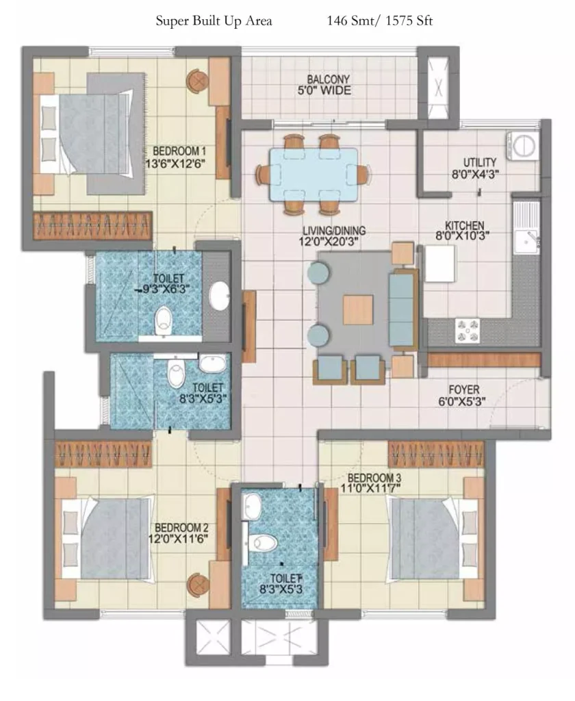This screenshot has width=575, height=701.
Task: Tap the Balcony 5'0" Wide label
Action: coord(325,85)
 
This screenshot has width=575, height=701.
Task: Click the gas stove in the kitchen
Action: coord(468,331)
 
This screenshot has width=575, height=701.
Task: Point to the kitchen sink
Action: coord(526,242)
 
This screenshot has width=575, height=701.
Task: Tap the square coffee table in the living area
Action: coord(358,310)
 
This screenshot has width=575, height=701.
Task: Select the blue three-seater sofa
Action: coord(402,309)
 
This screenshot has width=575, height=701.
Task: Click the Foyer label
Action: coord(463,390)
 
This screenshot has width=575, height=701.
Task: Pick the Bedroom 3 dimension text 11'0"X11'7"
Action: coord(370,488)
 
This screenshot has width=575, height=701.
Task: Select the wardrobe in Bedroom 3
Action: coord(436,455)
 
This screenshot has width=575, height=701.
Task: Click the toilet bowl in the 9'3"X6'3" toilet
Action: coord(163,319)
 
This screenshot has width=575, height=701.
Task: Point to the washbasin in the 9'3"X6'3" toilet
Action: coord(219,296)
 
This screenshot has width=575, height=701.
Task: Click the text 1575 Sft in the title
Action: coord(409,21)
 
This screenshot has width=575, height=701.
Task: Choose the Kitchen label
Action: coord(464,225)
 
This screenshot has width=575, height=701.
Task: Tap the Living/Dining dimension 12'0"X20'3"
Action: coord(329,242)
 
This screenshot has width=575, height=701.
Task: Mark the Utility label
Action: coord(480,162)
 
